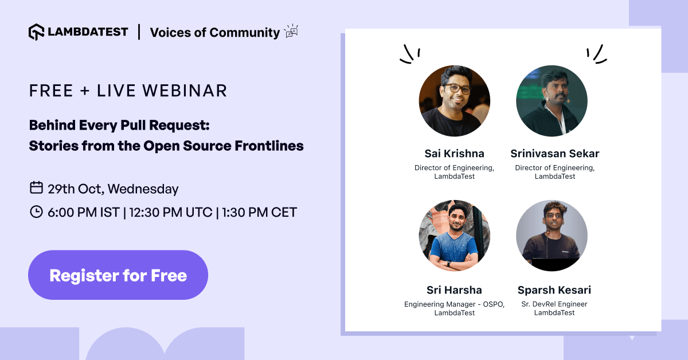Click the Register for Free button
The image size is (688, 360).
point(118,275)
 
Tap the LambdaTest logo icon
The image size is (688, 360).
point(37,32)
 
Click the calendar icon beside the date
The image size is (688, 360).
point(36,187)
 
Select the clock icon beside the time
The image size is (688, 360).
point(36,212)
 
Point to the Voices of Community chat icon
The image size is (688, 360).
point(291,31)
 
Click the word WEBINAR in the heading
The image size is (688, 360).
point(185,91)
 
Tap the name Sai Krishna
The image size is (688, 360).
point(454,153)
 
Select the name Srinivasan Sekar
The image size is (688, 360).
point(555,153)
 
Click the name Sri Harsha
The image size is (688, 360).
point(454,289)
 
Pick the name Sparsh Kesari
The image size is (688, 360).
point(554,289)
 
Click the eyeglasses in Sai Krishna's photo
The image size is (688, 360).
point(456,88)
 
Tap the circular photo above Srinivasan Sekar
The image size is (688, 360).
point(552,101)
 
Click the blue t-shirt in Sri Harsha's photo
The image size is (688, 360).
point(454,248)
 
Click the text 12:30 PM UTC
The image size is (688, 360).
point(171,212)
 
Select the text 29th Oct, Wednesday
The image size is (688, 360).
point(113,189)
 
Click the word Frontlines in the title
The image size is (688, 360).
point(269,146)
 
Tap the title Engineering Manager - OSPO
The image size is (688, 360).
point(454,304)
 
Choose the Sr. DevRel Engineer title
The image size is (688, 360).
point(554,304)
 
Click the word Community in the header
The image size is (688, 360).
point(245,33)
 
